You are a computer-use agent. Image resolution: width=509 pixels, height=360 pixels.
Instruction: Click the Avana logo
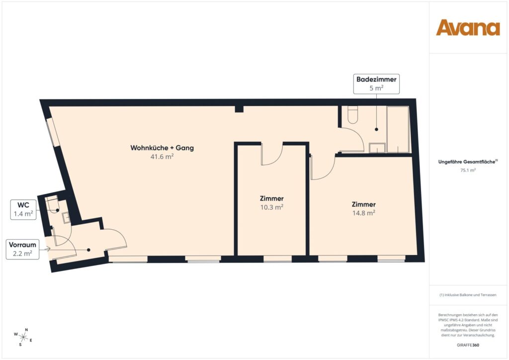click(468, 28)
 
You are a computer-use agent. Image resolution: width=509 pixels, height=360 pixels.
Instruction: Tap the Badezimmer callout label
click(376, 84)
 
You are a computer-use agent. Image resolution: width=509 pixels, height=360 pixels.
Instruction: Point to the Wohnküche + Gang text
click(162, 148)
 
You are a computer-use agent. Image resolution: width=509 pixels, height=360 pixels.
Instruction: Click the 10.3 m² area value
click(272, 207)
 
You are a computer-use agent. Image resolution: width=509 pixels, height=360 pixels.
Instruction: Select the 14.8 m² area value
click(363, 213)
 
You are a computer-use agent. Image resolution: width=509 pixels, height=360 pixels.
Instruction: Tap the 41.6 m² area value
click(162, 156)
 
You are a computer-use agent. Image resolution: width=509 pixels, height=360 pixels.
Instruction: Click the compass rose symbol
click(24, 337)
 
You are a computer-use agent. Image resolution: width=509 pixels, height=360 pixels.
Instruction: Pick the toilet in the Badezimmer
click(352, 115)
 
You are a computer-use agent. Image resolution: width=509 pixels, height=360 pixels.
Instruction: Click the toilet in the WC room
click(52, 204)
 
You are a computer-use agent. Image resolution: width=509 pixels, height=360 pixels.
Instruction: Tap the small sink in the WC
click(66, 217)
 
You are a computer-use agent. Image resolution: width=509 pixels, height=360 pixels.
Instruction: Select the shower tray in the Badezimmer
click(398, 129)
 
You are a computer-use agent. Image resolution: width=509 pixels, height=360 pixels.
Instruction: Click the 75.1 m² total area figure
click(468, 170)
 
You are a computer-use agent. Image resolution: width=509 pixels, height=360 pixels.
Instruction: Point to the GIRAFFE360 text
click(468, 344)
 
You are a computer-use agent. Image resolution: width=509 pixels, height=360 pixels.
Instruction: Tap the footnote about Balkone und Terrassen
click(468, 295)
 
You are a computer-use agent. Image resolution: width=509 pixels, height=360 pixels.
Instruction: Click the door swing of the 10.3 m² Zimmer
click(271, 155)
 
